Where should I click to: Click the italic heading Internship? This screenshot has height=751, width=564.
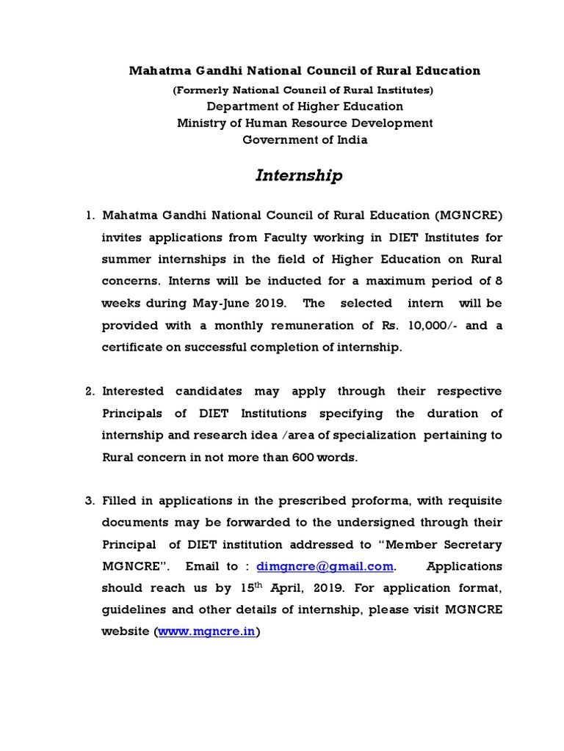pos(299,176)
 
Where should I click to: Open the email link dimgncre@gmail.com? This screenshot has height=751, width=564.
pos(325,566)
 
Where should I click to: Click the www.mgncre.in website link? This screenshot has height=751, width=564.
pos(206,631)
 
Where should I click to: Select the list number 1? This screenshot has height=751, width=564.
pos(90,216)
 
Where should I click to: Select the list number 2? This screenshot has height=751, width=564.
pos(90,391)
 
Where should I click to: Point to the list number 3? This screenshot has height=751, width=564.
pos(90,501)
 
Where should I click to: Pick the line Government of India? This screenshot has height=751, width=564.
pos(305,139)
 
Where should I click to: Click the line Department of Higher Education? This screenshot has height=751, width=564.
pos(305,106)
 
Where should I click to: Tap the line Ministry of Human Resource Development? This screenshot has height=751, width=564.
pos(305,123)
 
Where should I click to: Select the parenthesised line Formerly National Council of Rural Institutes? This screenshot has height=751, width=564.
pos(303,90)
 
